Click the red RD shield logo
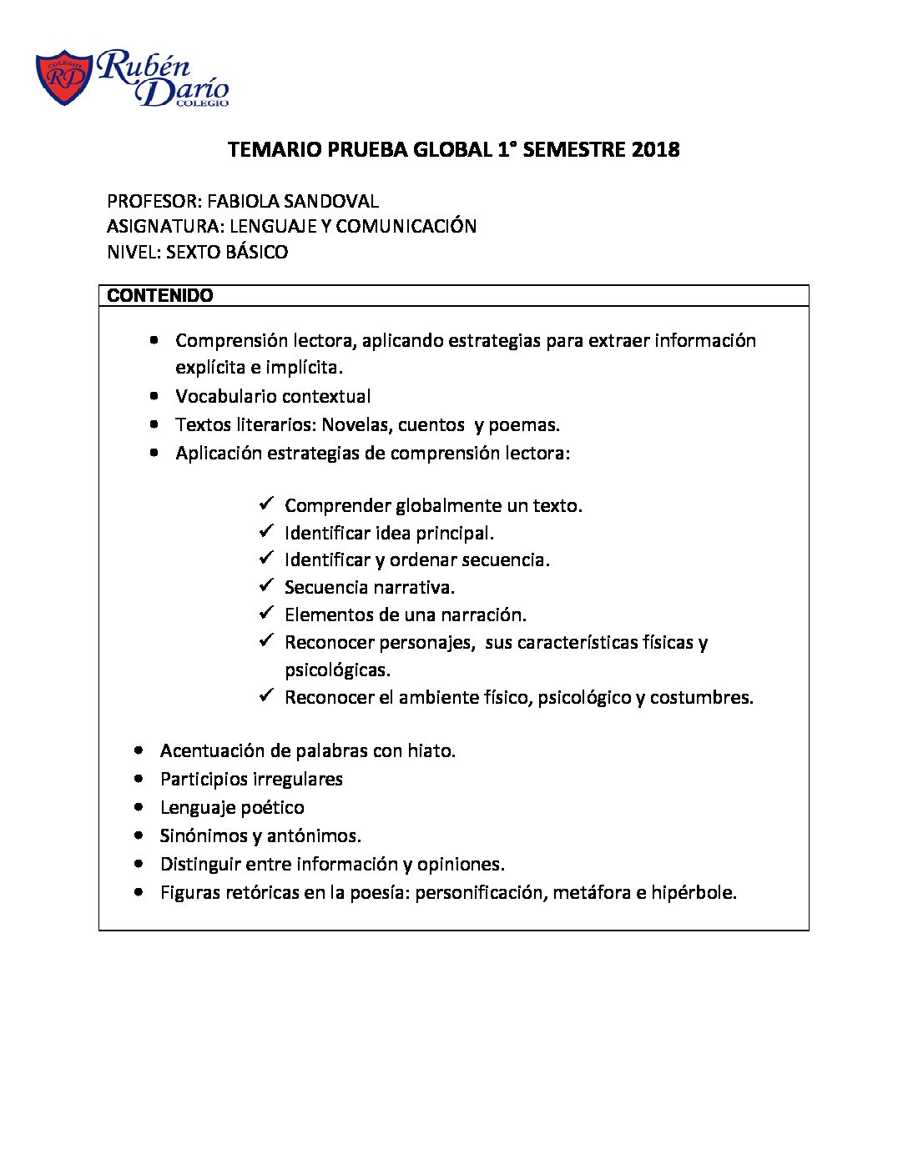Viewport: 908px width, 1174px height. click(63, 78)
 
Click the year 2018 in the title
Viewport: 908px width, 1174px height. click(655, 150)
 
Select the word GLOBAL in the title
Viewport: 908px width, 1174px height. click(452, 150)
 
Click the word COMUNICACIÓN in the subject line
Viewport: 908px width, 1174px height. click(406, 226)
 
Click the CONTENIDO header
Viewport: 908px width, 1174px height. click(160, 296)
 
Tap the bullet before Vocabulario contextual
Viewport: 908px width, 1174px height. click(154, 396)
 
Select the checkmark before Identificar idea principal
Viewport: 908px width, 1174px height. click(266, 531)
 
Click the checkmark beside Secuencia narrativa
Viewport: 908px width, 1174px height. click(266, 585)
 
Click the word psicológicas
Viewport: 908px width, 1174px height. click(337, 670)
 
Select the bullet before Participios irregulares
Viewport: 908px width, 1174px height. click(139, 779)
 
